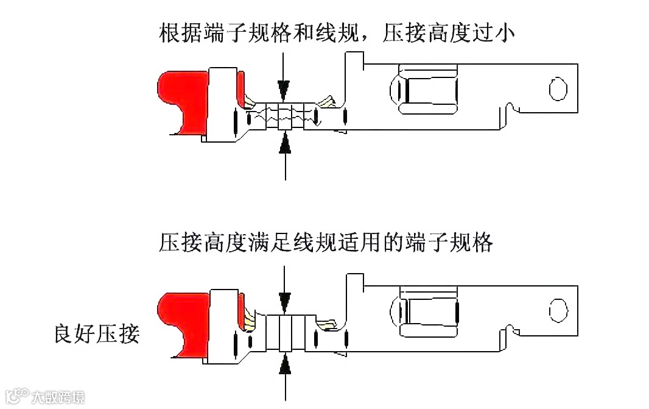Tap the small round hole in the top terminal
click(555, 89)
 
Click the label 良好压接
click(96, 334)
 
